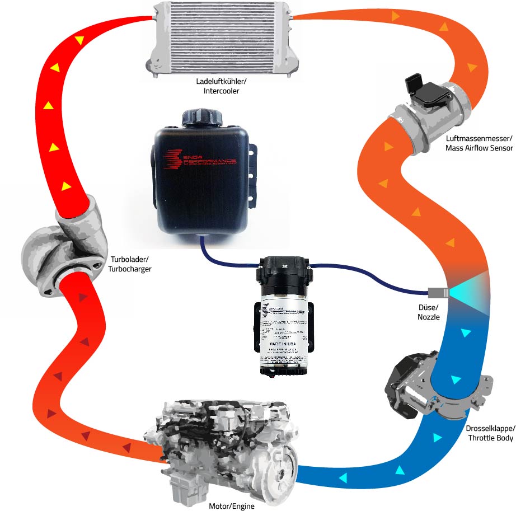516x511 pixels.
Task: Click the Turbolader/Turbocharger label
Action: [x=128, y=264]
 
